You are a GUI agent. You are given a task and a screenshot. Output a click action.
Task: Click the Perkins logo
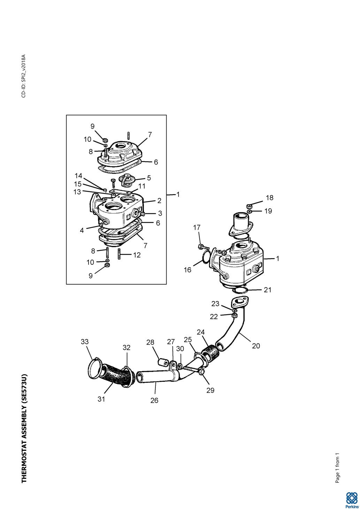click(x=351, y=500)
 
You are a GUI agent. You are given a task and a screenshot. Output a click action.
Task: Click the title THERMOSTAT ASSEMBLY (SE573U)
click(x=24, y=429)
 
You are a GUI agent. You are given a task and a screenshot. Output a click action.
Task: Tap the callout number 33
click(x=85, y=342)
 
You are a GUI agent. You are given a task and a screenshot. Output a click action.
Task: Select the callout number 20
click(x=256, y=346)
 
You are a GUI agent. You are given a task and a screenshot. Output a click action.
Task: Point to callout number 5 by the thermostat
click(x=149, y=178)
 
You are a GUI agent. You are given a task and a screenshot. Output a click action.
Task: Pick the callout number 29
click(x=210, y=390)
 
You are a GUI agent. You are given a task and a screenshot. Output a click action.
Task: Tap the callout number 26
click(x=154, y=401)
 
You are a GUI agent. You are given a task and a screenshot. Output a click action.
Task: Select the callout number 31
click(x=101, y=399)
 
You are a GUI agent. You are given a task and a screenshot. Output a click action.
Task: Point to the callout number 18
click(x=269, y=198)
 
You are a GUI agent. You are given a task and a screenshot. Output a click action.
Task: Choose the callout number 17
click(x=197, y=227)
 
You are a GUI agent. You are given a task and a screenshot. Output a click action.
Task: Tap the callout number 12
click(x=137, y=255)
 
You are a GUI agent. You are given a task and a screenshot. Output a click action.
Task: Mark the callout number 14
click(x=78, y=176)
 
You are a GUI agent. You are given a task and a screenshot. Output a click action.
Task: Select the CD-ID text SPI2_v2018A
click(x=23, y=76)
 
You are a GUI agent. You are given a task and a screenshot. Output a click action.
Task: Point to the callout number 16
click(x=187, y=270)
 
